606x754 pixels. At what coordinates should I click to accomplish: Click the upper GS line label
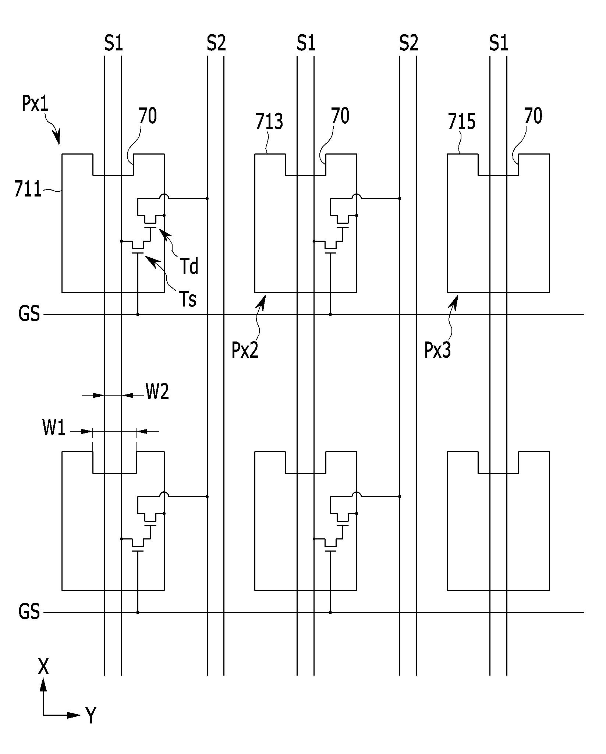click(x=29, y=314)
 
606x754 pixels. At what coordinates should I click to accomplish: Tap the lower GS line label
click(x=29, y=612)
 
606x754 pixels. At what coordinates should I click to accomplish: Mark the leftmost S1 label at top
click(x=113, y=43)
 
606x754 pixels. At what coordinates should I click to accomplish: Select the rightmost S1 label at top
click(x=499, y=43)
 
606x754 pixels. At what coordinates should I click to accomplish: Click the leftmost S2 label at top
click(x=216, y=43)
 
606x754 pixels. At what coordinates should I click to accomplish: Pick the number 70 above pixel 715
click(x=533, y=116)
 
